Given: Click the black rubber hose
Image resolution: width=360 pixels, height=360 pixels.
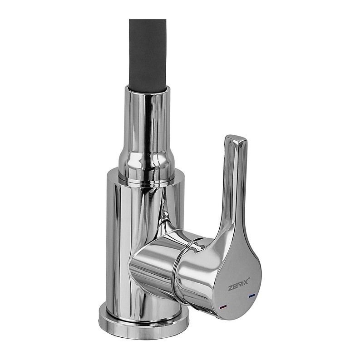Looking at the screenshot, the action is coord(148,55).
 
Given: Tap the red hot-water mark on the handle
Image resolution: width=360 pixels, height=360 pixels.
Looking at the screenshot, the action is coord(223,306).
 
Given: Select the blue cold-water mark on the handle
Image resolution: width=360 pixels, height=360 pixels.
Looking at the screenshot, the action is coord(252,296).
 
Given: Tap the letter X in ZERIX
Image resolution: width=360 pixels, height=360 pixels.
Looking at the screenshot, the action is coord(246,281).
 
